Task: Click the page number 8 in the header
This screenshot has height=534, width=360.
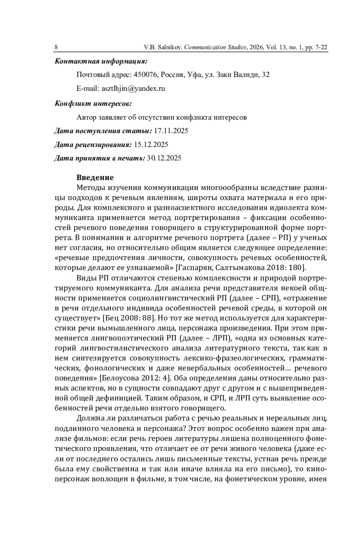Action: [56, 47]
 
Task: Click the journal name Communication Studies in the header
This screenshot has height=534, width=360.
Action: [215, 47]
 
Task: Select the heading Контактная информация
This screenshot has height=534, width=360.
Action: [101, 62]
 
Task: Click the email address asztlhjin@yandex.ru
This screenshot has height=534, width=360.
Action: [133, 89]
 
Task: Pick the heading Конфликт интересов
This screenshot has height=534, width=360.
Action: [93, 104]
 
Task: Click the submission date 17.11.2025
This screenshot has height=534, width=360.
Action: [171, 131]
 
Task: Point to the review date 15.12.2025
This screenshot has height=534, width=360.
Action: [151, 145]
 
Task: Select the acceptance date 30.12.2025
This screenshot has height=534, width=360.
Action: [164, 158]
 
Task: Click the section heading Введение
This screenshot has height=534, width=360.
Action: [95, 178]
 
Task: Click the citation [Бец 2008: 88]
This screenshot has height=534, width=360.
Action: [129, 318]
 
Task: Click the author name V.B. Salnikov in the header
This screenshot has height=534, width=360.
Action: [163, 47]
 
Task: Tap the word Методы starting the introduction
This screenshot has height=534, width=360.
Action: [91, 188]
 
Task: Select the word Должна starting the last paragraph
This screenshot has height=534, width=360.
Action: [91, 418]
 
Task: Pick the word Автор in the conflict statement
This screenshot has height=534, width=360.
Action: [86, 117]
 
